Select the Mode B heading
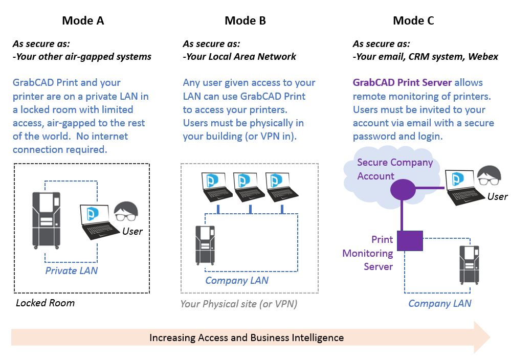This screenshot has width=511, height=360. (x=245, y=21)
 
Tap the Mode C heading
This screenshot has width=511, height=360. (x=414, y=21)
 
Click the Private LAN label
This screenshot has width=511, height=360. (x=71, y=271)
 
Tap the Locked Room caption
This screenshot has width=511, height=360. (x=45, y=303)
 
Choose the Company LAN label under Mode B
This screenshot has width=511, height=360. (x=237, y=280)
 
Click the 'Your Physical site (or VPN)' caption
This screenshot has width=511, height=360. (x=238, y=304)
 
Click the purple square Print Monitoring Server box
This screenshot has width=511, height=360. (x=410, y=240)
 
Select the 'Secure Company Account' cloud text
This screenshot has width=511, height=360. (x=394, y=169)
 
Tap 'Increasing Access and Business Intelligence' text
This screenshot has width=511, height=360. (x=246, y=337)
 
